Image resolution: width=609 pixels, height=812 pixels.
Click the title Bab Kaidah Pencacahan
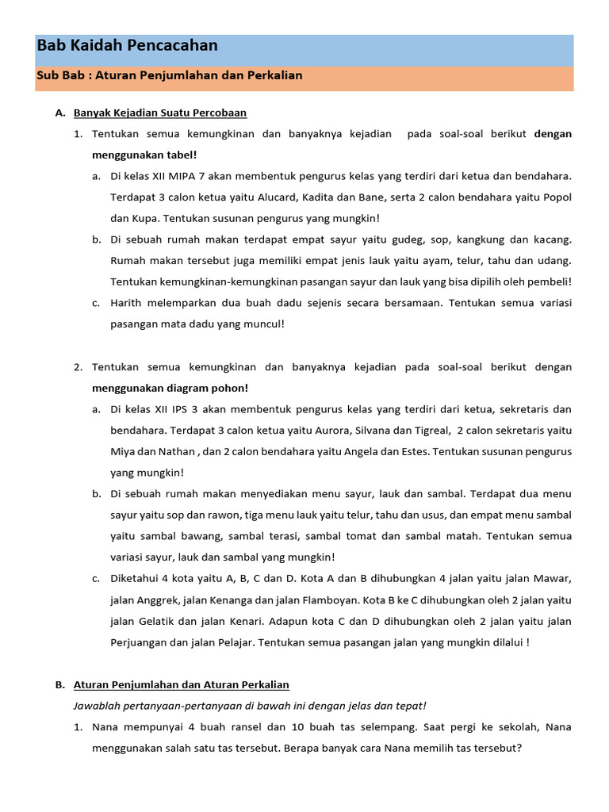tap(127, 46)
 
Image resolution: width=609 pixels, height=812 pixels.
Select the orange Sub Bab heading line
tap(170, 75)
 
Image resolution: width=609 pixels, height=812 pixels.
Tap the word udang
tap(554, 261)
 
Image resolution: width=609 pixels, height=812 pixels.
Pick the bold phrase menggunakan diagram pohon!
tap(170, 389)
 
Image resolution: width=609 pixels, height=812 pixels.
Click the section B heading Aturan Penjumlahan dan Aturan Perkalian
tap(181, 685)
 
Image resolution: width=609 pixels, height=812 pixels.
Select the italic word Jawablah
tap(97, 706)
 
